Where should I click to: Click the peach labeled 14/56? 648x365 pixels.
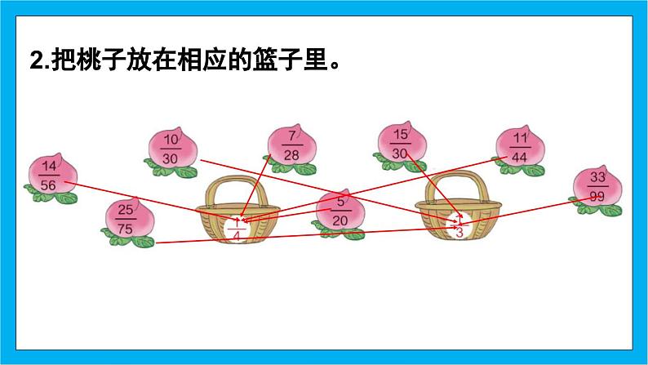(50, 176)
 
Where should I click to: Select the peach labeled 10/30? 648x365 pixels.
(171, 148)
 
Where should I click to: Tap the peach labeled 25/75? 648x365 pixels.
(126, 219)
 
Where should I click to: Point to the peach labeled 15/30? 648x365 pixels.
(400, 143)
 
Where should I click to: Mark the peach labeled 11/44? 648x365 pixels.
(519, 147)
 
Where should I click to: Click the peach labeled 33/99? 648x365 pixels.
(597, 188)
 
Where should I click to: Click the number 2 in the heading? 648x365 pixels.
(35, 61)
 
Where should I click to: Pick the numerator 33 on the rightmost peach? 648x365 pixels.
(598, 179)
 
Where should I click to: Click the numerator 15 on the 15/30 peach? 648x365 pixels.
(400, 134)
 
